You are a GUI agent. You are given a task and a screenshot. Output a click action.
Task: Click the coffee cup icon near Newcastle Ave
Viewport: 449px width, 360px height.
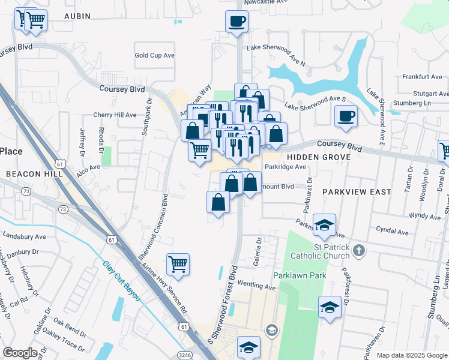(237, 22)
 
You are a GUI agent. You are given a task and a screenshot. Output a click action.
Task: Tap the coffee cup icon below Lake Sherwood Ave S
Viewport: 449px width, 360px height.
(345, 116)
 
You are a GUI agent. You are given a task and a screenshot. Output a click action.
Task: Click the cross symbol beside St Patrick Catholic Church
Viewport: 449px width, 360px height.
(358, 250)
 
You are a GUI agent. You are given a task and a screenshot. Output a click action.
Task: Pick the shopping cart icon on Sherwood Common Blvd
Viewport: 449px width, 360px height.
(178, 264)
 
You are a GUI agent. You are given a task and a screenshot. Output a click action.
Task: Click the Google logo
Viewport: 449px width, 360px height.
(20, 353)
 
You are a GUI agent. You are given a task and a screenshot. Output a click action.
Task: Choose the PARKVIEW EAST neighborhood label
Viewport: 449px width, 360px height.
(356, 192)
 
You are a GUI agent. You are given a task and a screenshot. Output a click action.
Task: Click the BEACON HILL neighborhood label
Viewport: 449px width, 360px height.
(30, 173)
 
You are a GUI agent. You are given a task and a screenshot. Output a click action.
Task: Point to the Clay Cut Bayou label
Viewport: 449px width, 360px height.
(127, 282)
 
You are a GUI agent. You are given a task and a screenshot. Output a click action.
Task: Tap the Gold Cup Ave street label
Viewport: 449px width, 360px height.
(154, 55)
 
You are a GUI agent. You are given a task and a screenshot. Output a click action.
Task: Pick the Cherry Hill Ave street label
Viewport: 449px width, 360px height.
(114, 115)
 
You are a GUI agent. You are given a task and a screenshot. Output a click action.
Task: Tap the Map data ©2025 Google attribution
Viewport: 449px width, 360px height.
(411, 355)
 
